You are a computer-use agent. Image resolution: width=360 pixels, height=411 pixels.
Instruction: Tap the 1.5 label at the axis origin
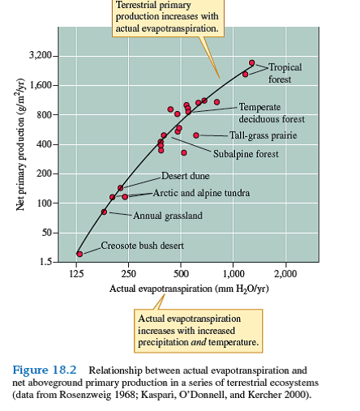(x=45, y=261)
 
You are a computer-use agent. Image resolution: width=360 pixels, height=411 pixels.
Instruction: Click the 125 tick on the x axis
(x=79, y=274)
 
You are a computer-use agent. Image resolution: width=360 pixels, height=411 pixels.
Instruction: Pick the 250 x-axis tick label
(x=130, y=274)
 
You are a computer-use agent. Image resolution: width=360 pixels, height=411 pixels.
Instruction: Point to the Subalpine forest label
(x=246, y=153)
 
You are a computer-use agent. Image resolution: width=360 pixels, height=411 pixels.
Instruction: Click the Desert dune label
(x=185, y=176)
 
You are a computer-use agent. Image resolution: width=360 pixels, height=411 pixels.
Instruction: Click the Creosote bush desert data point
(x=79, y=253)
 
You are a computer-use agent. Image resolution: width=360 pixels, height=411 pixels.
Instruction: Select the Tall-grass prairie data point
(x=196, y=135)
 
